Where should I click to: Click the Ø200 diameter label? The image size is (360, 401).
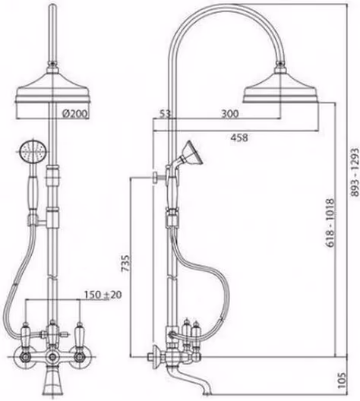75,113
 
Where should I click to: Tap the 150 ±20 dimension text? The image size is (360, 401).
103,295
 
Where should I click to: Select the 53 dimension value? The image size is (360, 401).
165,113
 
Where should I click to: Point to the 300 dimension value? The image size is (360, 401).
230,113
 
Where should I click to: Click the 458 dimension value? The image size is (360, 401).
239,137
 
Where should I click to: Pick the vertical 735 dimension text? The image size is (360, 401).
125,263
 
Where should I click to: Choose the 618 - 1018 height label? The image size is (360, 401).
330,223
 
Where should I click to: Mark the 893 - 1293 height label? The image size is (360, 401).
355,172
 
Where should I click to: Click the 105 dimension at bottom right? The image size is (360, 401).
342,381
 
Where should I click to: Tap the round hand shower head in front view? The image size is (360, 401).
33,152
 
